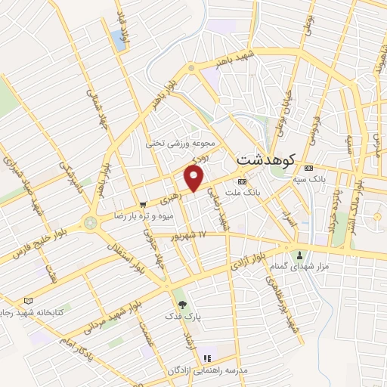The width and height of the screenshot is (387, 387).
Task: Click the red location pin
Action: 194,178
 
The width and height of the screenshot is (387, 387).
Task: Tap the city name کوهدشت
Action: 265,160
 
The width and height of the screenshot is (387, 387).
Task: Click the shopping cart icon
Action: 143,204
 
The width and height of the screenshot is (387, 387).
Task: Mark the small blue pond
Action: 119,40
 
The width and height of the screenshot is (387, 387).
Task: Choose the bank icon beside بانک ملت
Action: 242,182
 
